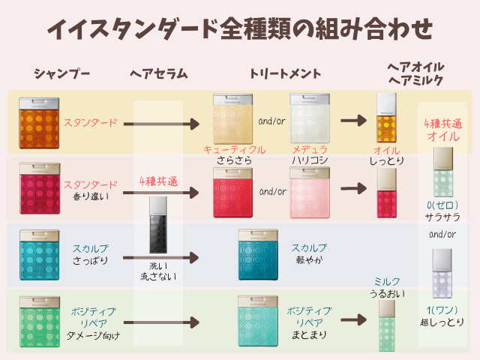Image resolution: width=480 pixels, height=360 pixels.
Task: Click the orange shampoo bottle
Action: (39, 123)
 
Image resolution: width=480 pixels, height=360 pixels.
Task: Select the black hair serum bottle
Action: (158, 225)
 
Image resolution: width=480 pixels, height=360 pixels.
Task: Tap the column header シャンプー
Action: (61, 73)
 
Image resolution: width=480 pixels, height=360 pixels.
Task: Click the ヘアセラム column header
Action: (158, 73)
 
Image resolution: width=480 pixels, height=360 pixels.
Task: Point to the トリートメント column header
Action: (285, 73)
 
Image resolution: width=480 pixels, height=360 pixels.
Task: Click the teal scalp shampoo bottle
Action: (40, 255)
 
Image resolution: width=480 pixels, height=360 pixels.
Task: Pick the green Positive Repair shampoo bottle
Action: (40, 322)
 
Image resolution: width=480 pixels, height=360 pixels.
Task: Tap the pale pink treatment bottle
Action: (310, 193)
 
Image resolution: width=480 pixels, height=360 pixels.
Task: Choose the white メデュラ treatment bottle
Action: (310, 118)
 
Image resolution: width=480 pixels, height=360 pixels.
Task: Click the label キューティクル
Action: (235, 150)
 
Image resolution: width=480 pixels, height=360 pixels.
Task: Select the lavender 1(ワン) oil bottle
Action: (442, 274)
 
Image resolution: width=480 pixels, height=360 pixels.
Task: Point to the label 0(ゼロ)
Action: (442, 205)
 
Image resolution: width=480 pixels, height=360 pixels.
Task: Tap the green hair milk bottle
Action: (387, 325)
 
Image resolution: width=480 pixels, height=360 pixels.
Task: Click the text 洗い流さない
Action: (158, 271)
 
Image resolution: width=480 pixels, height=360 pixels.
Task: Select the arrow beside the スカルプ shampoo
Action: (161, 258)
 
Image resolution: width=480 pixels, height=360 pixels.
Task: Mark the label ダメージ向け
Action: (93, 336)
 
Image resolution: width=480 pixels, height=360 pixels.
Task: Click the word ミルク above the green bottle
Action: (387, 282)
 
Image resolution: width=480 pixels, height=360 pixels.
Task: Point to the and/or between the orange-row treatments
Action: (271, 121)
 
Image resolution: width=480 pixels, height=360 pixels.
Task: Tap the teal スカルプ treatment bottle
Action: (258, 255)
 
